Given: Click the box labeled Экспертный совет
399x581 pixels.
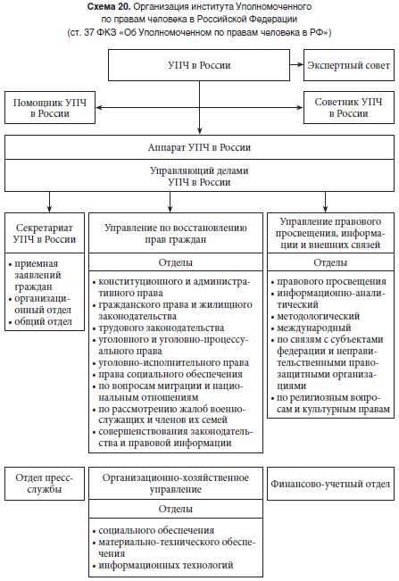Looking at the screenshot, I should (x=347, y=67).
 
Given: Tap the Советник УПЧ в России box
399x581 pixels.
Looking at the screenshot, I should (x=347, y=108).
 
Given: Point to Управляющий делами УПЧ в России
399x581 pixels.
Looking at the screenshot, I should (x=198, y=175).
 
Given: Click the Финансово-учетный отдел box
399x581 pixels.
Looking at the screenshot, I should (x=329, y=484).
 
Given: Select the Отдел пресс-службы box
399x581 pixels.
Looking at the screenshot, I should (x=44, y=484).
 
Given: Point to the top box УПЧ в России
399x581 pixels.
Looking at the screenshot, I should (x=198, y=67).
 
